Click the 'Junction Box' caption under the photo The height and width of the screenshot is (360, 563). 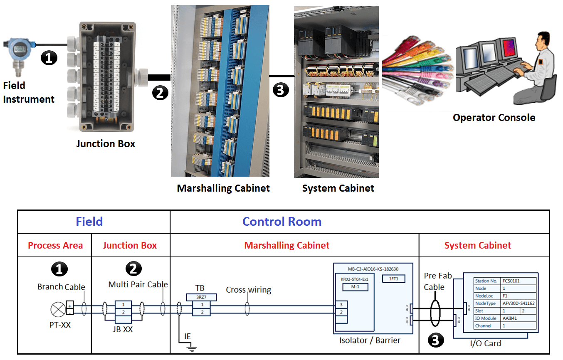106,144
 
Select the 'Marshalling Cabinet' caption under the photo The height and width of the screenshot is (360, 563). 223,188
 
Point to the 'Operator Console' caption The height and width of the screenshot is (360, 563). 494,118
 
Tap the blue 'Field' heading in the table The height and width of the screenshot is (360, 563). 89,222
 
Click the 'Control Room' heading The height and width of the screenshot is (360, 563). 282,222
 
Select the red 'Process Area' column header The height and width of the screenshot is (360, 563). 55,245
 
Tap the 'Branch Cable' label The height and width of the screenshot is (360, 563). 61,287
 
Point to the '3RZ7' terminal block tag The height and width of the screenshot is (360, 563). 202,297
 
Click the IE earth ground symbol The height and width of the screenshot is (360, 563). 191,347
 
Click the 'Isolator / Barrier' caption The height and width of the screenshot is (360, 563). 370,340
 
